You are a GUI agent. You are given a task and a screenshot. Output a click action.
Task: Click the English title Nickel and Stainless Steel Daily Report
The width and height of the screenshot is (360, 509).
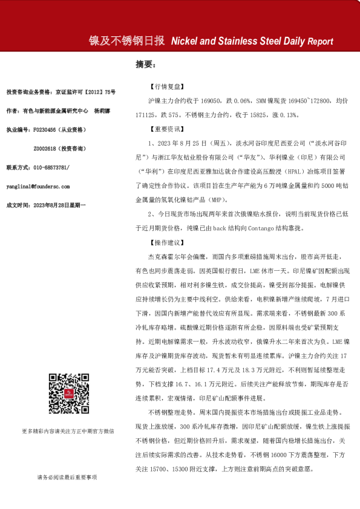pyautogui.click(x=252, y=42)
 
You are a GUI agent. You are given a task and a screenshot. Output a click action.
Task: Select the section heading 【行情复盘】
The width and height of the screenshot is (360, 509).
pyautogui.click(x=163, y=87)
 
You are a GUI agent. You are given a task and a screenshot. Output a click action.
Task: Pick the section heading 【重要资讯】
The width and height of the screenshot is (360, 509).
pyautogui.click(x=163, y=129)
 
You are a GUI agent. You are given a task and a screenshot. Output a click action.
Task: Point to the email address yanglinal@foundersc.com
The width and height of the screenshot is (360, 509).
pyautogui.click(x=38, y=186)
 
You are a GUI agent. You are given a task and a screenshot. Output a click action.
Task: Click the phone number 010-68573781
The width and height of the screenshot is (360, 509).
pyautogui.click(x=51, y=167)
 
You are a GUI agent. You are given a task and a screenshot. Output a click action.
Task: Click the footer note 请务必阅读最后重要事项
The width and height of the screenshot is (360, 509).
pyautogui.click(x=67, y=478)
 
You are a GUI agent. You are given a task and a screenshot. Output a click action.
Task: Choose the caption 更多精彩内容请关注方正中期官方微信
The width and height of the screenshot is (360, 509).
pyautogui.click(x=68, y=431)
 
